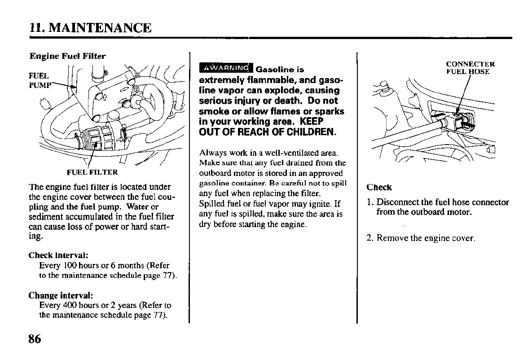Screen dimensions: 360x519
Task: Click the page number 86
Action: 35,339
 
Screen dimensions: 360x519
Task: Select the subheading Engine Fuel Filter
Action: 67,56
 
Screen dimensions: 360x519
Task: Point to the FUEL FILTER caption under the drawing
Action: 92,172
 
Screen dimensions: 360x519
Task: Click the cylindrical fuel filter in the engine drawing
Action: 100,137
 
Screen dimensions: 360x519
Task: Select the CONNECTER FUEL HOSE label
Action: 470,68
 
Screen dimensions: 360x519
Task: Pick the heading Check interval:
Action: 58,255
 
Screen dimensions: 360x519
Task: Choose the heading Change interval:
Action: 61,295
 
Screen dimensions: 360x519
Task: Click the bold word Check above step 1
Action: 379,187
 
